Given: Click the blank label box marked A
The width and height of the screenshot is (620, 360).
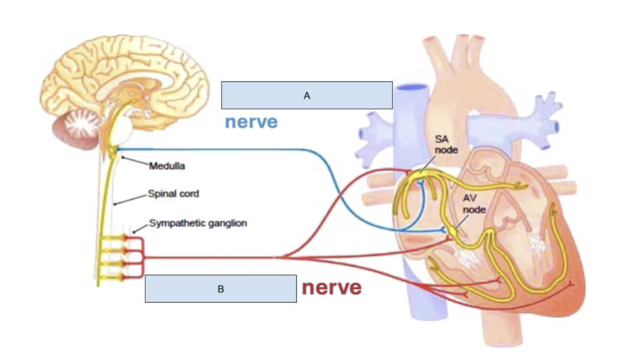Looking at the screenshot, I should point(307,95).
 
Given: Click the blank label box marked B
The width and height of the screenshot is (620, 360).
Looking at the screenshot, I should point(220,288).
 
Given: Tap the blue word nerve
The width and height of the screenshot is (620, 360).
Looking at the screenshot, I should point(251,122).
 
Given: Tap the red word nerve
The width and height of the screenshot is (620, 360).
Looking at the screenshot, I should point(332,287).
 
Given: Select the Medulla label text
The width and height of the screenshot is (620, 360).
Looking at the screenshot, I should point(167,166).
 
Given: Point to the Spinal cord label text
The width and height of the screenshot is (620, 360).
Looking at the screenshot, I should point(174,194).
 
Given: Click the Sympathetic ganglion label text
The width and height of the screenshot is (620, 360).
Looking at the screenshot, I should point(198,223).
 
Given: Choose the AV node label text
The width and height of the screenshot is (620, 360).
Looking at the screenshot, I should point(474,205).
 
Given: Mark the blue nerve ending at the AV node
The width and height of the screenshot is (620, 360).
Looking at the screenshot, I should point(443,230).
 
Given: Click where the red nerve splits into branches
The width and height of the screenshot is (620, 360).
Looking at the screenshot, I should point(282,257).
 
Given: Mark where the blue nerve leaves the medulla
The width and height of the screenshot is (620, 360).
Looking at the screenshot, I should point(119,149).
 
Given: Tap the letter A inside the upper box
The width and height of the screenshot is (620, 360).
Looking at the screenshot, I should point(307,96).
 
